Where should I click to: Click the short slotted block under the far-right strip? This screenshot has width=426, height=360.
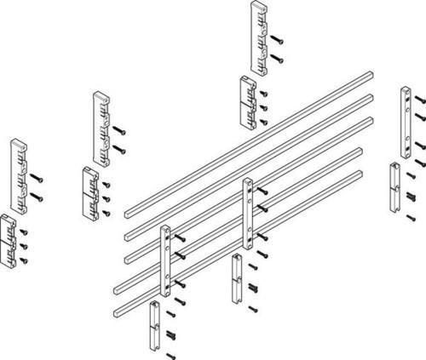click(394, 186)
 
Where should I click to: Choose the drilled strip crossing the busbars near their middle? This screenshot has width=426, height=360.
click(248, 212)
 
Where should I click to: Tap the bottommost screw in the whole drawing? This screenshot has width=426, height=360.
click(170, 354)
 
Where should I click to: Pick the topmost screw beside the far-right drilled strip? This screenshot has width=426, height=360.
click(420, 99)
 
